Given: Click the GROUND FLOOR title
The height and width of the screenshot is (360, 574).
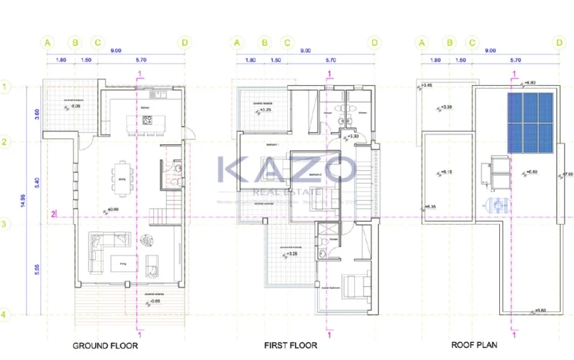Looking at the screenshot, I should (105, 346).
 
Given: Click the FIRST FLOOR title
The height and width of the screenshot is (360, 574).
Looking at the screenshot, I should (291, 346).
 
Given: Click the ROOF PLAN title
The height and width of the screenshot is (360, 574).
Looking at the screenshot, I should (475, 345).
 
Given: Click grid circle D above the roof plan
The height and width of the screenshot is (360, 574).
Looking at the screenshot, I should (559, 43).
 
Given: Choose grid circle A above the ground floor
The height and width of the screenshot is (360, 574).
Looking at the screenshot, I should (48, 43).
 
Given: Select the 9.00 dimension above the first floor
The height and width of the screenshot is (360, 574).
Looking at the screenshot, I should (305, 51).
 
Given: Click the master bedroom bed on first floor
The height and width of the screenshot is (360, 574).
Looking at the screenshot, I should (354, 285).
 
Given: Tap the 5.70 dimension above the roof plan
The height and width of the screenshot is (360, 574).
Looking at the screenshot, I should (515, 60).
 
